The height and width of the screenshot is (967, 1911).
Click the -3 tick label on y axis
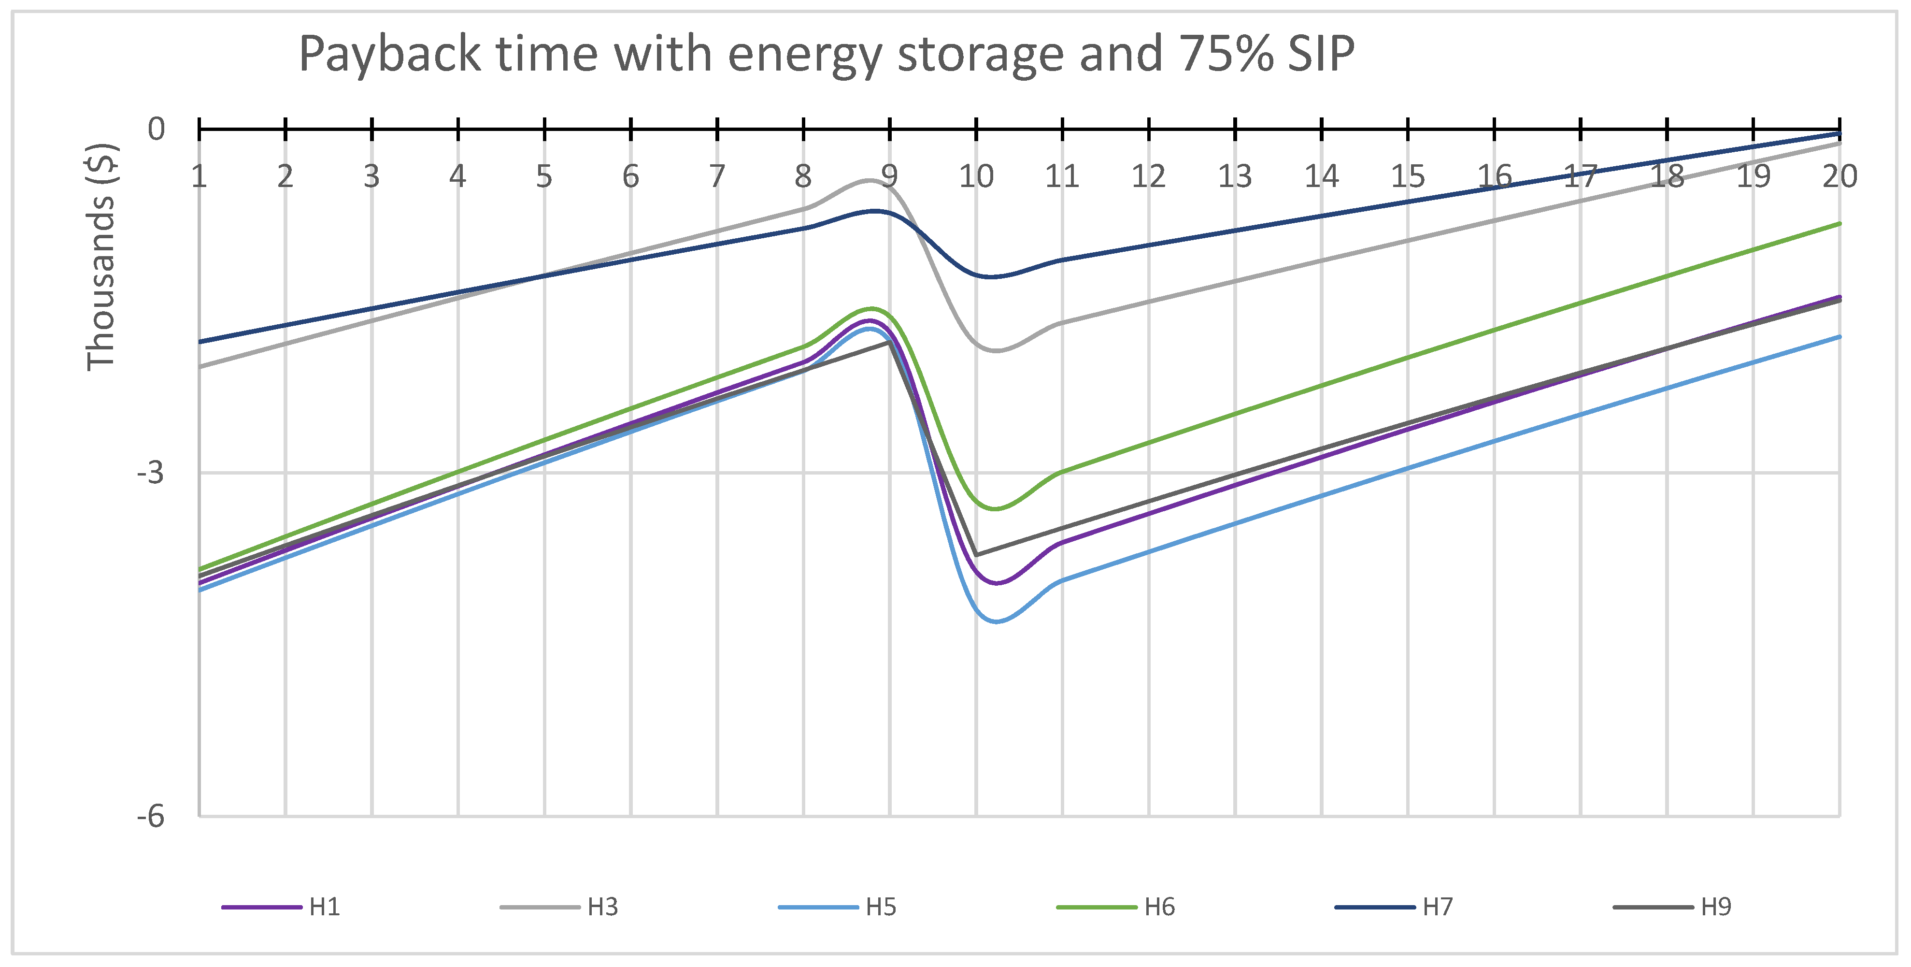[x=151, y=472]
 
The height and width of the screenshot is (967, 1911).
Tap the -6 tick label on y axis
[x=151, y=816]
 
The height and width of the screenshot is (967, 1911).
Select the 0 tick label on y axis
[x=156, y=129]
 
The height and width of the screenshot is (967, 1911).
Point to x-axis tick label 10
[x=975, y=176]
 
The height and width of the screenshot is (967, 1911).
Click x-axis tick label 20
[x=1839, y=176]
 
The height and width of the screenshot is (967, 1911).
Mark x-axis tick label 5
[x=544, y=176]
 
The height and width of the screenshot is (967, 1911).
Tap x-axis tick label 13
[x=1234, y=176]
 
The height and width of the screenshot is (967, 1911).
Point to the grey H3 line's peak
[x=870, y=180]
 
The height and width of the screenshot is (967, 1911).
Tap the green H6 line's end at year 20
[x=1839, y=223]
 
